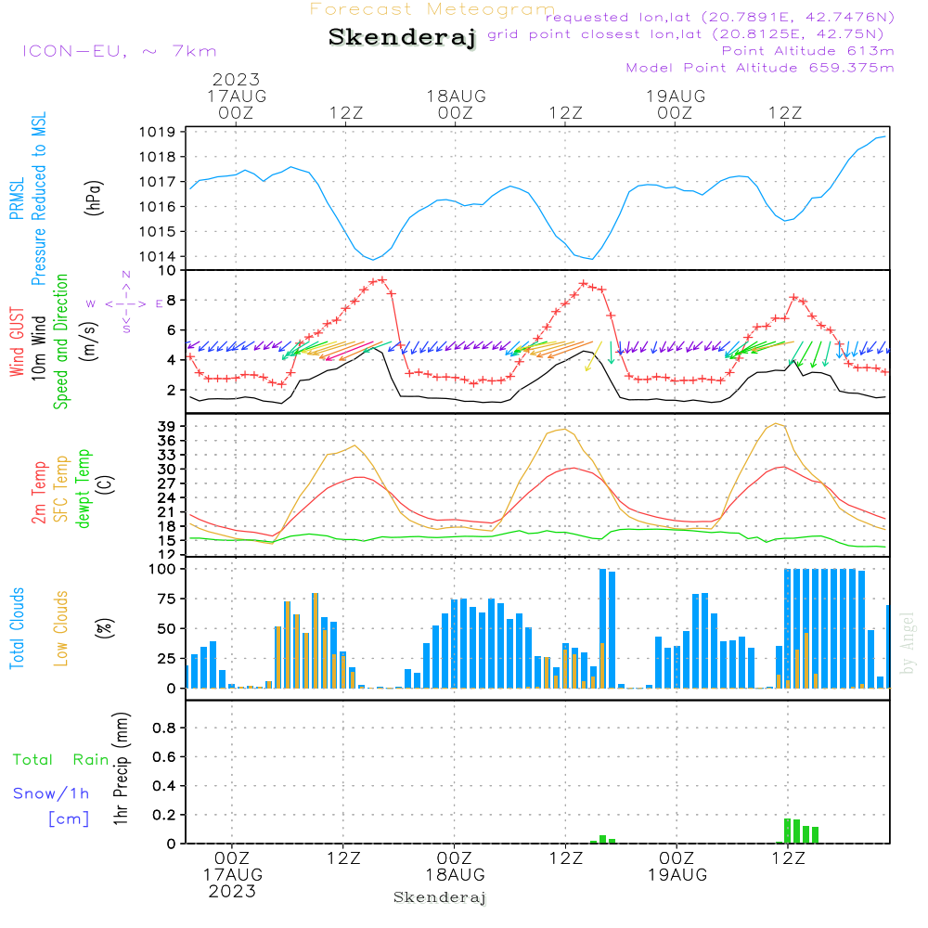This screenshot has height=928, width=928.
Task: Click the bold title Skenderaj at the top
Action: click(402, 38)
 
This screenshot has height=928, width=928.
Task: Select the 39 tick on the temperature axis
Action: click(169, 426)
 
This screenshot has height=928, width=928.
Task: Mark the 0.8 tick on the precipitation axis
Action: click(164, 728)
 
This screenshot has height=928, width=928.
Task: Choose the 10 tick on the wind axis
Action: click(168, 271)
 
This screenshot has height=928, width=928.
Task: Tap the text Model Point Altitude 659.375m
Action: click(760, 68)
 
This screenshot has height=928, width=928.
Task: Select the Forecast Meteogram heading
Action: click(432, 9)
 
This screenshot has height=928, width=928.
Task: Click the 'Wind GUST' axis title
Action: click(17, 343)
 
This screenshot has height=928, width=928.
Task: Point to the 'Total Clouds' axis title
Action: click(17, 627)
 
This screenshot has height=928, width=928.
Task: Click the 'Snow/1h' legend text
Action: click(51, 793)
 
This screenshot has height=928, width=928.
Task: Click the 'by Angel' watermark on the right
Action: click(907, 643)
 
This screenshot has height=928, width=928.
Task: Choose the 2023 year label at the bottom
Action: click(232, 891)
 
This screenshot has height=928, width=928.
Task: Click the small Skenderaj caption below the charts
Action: click(440, 897)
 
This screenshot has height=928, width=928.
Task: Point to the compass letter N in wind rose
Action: click(126, 275)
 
